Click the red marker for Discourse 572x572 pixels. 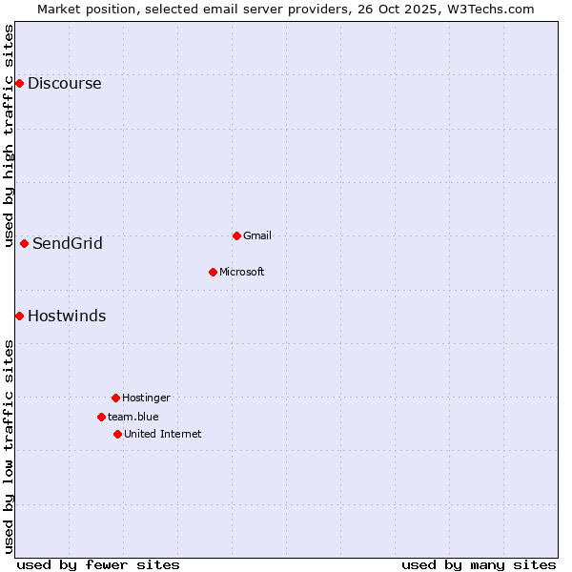[x=19, y=84]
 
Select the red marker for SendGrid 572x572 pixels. [x=24, y=243]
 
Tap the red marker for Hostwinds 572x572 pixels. [x=19, y=316]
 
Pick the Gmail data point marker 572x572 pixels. [x=236, y=235]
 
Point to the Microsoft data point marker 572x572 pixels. [x=213, y=272]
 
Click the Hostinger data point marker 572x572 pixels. [x=115, y=398]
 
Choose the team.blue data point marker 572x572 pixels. [x=101, y=417]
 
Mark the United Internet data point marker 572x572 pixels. [x=117, y=434]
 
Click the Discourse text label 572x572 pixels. [x=64, y=84]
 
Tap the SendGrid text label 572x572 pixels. [x=67, y=243]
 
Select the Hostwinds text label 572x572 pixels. [x=67, y=316]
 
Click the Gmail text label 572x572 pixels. [x=257, y=235]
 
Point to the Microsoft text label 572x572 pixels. [x=241, y=272]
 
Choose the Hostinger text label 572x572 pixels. [x=146, y=398]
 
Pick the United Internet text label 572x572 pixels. [x=162, y=434]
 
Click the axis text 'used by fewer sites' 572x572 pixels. [x=98, y=564]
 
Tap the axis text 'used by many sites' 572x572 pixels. [x=479, y=564]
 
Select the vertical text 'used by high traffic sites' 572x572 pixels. [x=9, y=134]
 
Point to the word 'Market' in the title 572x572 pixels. [x=60, y=9]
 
